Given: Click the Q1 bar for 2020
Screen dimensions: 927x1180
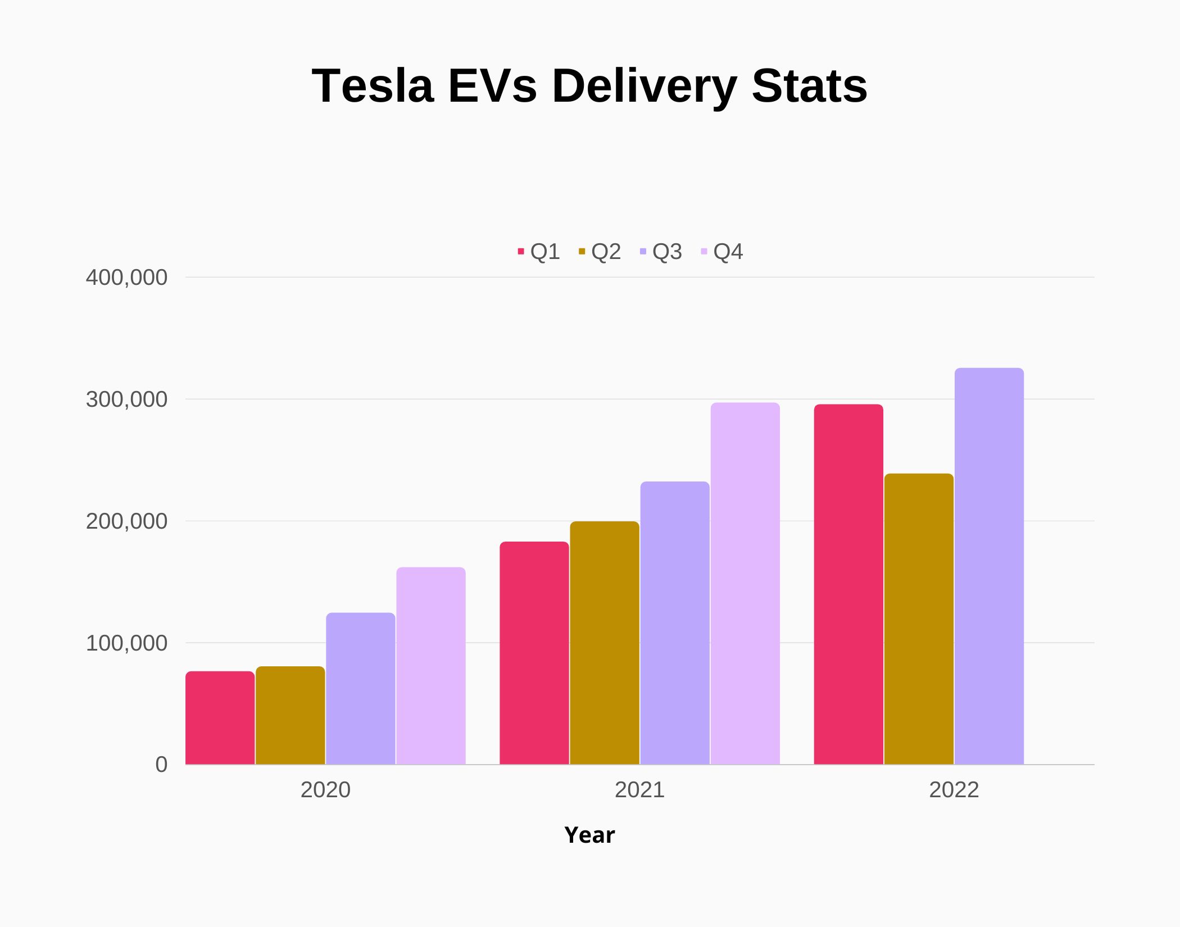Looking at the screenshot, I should coord(220,717).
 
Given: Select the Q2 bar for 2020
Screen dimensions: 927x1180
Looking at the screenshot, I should coord(290,715).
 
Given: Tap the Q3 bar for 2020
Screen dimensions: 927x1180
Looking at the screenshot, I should coord(360,688).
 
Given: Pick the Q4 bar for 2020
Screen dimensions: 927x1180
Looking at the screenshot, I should coord(431,666).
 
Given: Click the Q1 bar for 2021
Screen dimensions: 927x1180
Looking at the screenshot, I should coord(534,653).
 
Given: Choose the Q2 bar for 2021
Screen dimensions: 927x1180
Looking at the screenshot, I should coord(605,643).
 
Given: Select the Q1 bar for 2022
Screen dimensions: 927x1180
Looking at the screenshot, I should coord(848,584).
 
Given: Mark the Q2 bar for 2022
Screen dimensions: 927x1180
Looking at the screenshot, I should coord(919,619).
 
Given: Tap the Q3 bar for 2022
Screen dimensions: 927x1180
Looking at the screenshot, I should coord(989,566).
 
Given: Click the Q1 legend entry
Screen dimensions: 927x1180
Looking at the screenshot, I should coord(539,252).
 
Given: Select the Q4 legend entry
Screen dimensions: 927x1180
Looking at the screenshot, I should coord(722,252).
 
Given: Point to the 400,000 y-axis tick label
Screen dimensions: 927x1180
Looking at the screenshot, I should coord(126,278).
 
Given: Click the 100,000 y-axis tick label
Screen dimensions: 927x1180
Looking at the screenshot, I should coord(126,643).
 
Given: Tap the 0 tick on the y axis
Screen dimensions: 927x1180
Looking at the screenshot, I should coord(161,765).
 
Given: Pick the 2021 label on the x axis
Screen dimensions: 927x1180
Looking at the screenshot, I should coord(639,790).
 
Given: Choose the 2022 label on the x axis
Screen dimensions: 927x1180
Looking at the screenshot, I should coord(954,790).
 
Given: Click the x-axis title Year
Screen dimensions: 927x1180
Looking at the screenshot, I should coord(589,835).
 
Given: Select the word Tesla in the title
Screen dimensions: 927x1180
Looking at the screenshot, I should coord(373,86).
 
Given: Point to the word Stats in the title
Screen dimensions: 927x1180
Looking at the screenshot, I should coord(810,86).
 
